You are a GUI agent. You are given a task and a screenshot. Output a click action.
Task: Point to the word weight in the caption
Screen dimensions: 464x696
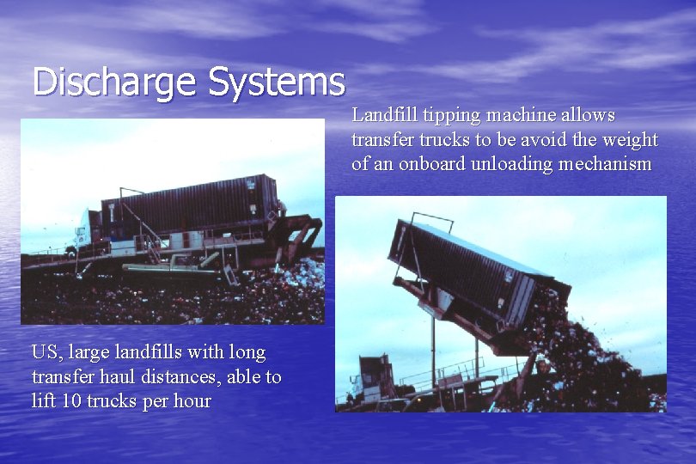click(x=632, y=139)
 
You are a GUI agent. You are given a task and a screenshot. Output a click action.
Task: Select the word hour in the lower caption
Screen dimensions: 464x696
click(x=192, y=401)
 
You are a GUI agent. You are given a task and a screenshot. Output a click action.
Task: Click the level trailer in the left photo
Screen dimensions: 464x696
click(x=190, y=206)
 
